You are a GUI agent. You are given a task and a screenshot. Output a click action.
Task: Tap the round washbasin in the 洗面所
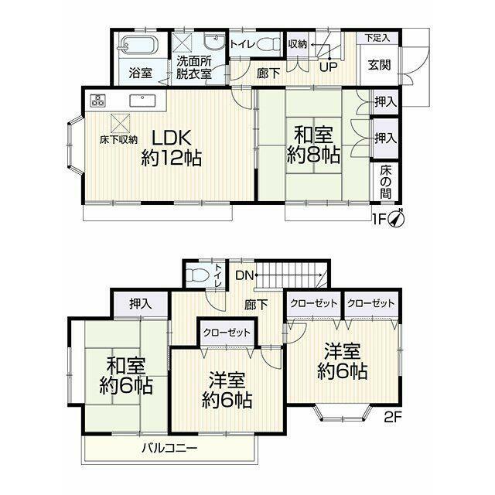[x=214, y=41]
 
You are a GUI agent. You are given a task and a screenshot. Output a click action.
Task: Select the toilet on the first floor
[x=268, y=44]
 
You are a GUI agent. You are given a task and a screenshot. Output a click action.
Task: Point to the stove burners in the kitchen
[x=97, y=101]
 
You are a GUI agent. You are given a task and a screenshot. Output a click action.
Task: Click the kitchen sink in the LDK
[x=142, y=101]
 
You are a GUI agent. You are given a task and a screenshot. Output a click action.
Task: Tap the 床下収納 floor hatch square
[x=120, y=123]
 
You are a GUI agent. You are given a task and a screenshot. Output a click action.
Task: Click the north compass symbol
[x=396, y=218]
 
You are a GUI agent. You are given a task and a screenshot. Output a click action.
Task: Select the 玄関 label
[x=379, y=65]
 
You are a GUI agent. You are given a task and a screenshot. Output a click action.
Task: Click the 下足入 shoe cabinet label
[x=377, y=38]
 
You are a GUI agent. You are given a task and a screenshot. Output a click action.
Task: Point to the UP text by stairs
[x=328, y=67]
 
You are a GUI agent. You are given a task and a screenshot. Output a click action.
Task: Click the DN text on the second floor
[x=244, y=275]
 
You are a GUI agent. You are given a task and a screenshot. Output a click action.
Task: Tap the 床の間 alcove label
[x=385, y=183]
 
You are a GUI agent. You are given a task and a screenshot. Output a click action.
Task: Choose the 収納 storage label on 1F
[x=297, y=44]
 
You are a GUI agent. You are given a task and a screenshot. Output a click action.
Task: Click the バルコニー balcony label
[x=169, y=448]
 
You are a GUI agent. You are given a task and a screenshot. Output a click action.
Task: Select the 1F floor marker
[x=379, y=219]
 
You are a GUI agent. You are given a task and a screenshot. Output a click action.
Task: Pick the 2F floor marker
[x=393, y=418]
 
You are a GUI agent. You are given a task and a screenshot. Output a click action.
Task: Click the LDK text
[x=172, y=138]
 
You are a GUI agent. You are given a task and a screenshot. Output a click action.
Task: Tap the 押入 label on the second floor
[x=141, y=304]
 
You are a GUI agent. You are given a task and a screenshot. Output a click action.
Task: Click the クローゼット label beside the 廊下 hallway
[x=227, y=333]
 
